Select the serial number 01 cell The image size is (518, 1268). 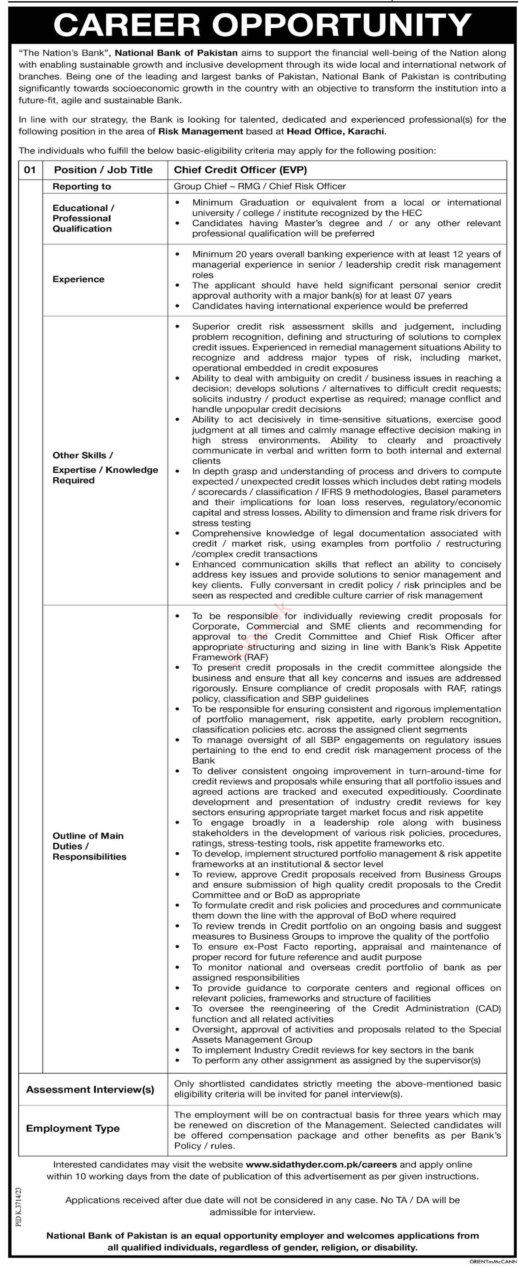point(30,170)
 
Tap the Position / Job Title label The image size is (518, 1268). point(103,170)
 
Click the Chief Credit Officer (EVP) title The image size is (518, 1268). point(240,170)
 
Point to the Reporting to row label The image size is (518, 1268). point(82,186)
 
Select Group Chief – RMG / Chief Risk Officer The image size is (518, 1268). point(259,186)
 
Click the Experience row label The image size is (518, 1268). point(78,279)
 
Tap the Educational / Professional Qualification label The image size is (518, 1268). point(83,218)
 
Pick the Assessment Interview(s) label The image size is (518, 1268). point(90,1089)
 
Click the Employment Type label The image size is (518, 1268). point(73,1128)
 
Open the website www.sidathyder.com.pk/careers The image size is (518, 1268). point(321,1164)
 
